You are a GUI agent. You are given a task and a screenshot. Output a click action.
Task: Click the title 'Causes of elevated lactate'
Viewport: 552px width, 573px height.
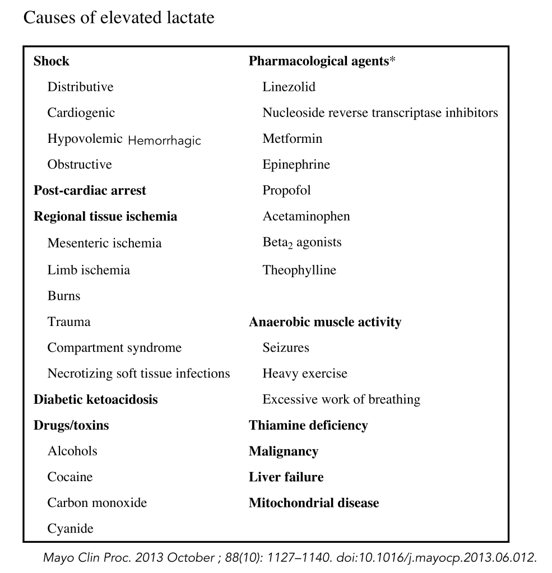(118, 18)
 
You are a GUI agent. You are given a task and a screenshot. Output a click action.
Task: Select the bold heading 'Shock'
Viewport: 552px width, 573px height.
(52, 61)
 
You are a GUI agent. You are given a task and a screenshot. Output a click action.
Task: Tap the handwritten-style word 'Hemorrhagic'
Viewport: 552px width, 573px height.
(164, 141)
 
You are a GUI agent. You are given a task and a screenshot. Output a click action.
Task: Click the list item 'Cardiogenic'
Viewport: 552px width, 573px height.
(81, 113)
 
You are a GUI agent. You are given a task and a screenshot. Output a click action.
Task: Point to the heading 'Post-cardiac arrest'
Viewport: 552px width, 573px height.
(90, 190)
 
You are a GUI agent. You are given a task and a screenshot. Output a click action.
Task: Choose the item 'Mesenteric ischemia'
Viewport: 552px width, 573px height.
(105, 243)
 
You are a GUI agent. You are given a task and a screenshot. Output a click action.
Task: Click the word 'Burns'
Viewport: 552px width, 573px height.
(64, 296)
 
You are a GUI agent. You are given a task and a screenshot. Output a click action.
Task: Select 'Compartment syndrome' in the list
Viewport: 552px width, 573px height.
(114, 347)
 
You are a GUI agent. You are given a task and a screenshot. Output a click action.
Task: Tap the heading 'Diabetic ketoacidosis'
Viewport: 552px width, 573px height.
(96, 399)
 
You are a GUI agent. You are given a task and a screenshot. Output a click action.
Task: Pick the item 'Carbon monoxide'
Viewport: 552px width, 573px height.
(97, 502)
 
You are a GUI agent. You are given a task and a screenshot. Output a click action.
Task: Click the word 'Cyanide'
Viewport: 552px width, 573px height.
(71, 528)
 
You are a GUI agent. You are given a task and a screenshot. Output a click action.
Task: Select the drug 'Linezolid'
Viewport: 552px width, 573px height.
(289, 87)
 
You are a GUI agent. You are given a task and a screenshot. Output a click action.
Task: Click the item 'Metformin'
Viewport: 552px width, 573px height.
(293, 138)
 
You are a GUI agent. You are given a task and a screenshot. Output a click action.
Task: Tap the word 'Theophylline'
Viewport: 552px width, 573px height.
(299, 270)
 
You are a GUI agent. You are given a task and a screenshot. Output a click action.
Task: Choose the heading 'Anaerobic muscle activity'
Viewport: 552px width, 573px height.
(325, 322)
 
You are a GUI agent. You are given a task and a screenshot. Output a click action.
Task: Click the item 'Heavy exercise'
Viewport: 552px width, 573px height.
(305, 373)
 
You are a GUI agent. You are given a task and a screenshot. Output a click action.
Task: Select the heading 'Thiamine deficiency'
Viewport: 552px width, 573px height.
(308, 425)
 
